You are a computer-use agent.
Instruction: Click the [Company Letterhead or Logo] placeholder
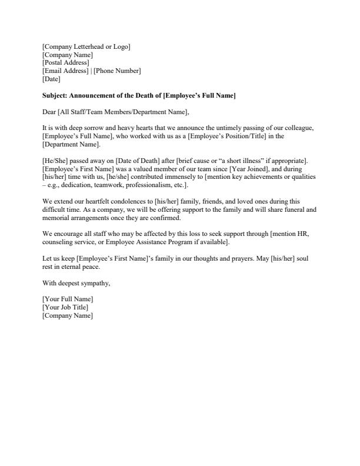point(86,46)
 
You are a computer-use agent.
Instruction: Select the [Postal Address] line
point(66,62)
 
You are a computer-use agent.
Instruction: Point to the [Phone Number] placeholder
point(117,71)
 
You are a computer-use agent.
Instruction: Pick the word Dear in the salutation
point(49,112)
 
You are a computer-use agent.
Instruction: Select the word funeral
point(291,209)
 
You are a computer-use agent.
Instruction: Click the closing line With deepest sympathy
point(76,283)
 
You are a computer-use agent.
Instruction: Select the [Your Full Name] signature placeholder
point(68,299)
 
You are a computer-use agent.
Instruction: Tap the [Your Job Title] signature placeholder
point(65,307)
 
